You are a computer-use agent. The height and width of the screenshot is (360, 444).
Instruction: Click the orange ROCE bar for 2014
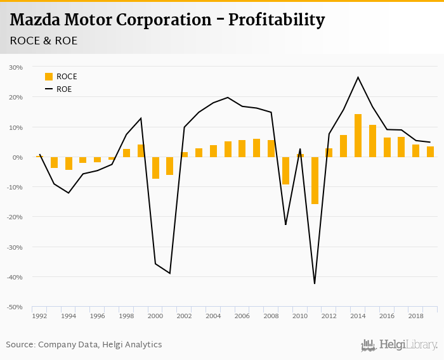pyautogui.click(x=358, y=136)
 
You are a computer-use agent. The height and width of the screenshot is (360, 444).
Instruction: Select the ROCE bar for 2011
pyautogui.click(x=315, y=181)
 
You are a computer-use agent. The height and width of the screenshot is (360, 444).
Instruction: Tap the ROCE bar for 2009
pyautogui.click(x=285, y=170)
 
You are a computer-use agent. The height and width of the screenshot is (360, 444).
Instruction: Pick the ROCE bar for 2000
pyautogui.click(x=155, y=168)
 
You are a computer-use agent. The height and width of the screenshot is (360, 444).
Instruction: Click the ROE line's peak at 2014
pyautogui.click(x=358, y=77)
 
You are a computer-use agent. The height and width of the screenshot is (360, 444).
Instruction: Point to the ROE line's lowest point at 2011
pyautogui.click(x=315, y=283)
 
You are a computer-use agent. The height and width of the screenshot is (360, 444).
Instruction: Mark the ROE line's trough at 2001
pyautogui.click(x=170, y=273)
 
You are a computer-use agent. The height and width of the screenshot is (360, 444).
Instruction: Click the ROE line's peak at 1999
pyautogui.click(x=141, y=118)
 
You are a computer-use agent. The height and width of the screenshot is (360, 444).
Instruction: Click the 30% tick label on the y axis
pyautogui.click(x=16, y=67)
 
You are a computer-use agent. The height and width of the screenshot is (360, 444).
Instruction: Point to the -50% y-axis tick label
pyautogui.click(x=15, y=307)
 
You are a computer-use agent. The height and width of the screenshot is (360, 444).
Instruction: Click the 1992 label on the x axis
pyautogui.click(x=39, y=316)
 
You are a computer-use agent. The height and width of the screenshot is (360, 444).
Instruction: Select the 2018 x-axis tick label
pyautogui.click(x=415, y=316)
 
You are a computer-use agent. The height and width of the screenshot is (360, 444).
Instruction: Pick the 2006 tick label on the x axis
pyautogui.click(x=242, y=316)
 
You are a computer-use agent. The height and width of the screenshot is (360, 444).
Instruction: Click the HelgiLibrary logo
pyautogui.click(x=399, y=345)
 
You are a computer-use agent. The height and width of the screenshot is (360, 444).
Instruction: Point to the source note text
pyautogui.click(x=84, y=344)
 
